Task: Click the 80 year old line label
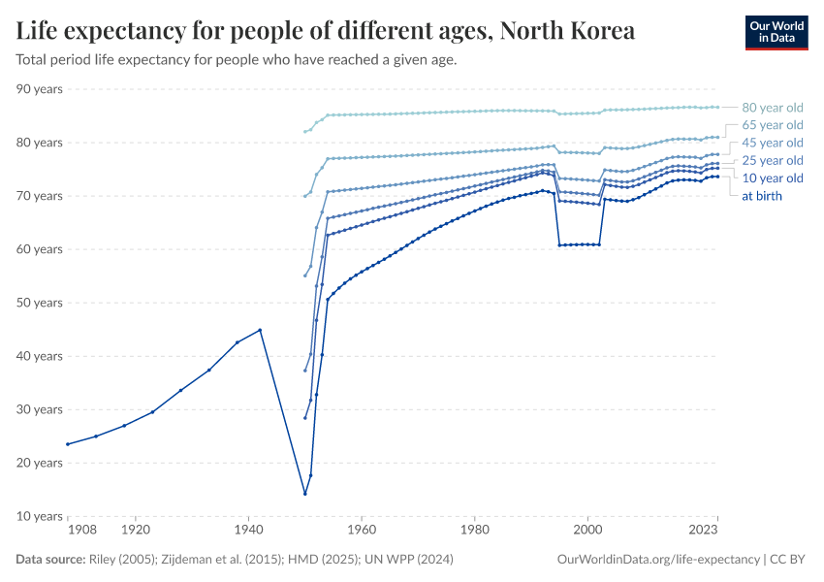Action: click(x=772, y=108)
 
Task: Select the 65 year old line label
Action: click(x=772, y=125)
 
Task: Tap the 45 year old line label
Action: click(x=772, y=143)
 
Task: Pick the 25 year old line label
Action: click(x=772, y=160)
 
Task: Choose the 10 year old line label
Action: click(x=772, y=178)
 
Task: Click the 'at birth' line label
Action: click(x=761, y=195)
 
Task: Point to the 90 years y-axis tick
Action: click(x=40, y=89)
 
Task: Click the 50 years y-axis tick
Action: click(x=40, y=303)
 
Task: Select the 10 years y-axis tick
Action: click(x=40, y=516)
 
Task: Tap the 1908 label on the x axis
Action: click(x=81, y=532)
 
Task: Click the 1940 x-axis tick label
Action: click(x=249, y=532)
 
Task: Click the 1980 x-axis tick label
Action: click(x=474, y=532)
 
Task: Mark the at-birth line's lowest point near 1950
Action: click(x=305, y=494)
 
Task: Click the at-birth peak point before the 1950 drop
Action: click(x=260, y=330)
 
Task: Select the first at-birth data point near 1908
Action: click(x=68, y=444)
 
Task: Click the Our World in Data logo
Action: click(x=776, y=32)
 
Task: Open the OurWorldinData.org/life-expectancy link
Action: click(x=658, y=560)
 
